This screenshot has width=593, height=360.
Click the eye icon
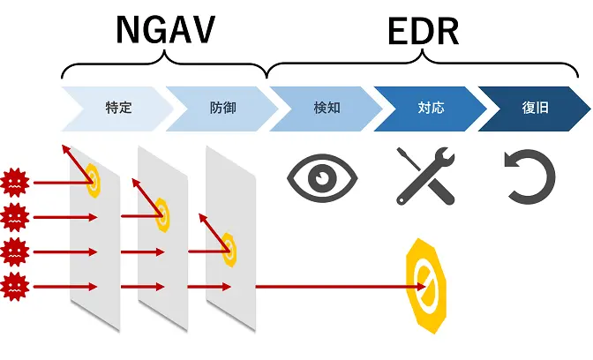pyautogui.click(x=323, y=179)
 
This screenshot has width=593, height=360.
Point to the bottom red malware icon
pyautogui.click(x=16, y=287)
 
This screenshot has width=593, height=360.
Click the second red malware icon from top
pyautogui.click(x=16, y=216)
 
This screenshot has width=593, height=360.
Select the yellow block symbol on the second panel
pyautogui.click(x=161, y=213)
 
